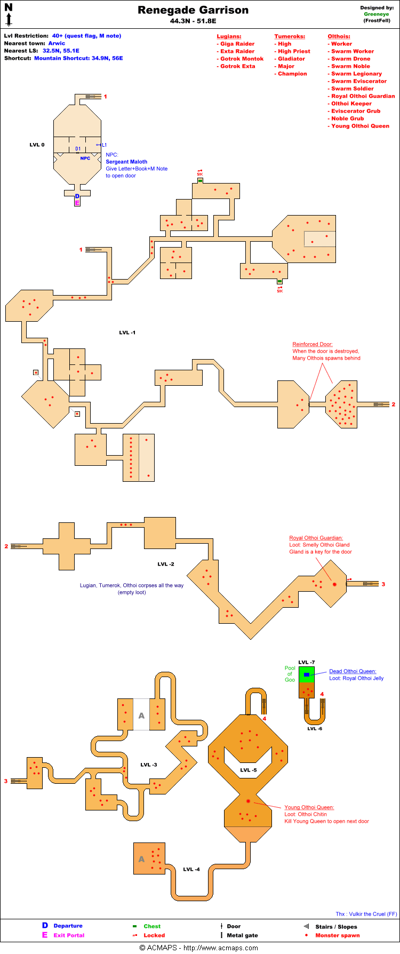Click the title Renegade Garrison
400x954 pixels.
pyautogui.click(x=193, y=10)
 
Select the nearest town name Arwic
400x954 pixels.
pyautogui.click(x=57, y=43)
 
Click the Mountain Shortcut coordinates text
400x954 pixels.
pyautogui.click(x=78, y=58)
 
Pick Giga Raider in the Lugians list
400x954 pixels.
pyautogui.click(x=237, y=44)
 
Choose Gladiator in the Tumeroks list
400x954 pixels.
pyautogui.click(x=291, y=59)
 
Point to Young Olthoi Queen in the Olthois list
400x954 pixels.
pyautogui.click(x=360, y=126)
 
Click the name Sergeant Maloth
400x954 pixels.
pyautogui.click(x=126, y=162)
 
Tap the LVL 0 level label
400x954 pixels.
pyautogui.click(x=37, y=145)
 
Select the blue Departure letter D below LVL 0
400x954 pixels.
pyautogui.click(x=77, y=196)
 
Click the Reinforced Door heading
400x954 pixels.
pyautogui.click(x=312, y=344)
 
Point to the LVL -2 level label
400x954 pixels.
pyautogui.click(x=166, y=564)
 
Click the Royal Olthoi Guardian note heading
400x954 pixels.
pyautogui.click(x=316, y=538)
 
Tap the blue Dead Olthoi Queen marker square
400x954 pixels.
pyautogui.click(x=307, y=675)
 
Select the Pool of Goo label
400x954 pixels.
pyautogui.click(x=290, y=673)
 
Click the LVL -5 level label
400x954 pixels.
pyautogui.click(x=248, y=770)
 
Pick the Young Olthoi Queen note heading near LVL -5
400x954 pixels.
pyautogui.click(x=309, y=807)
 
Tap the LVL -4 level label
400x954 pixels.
pyautogui.click(x=191, y=869)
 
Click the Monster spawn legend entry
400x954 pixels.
pyautogui.click(x=337, y=935)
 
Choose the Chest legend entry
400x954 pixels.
pyautogui.click(x=151, y=926)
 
